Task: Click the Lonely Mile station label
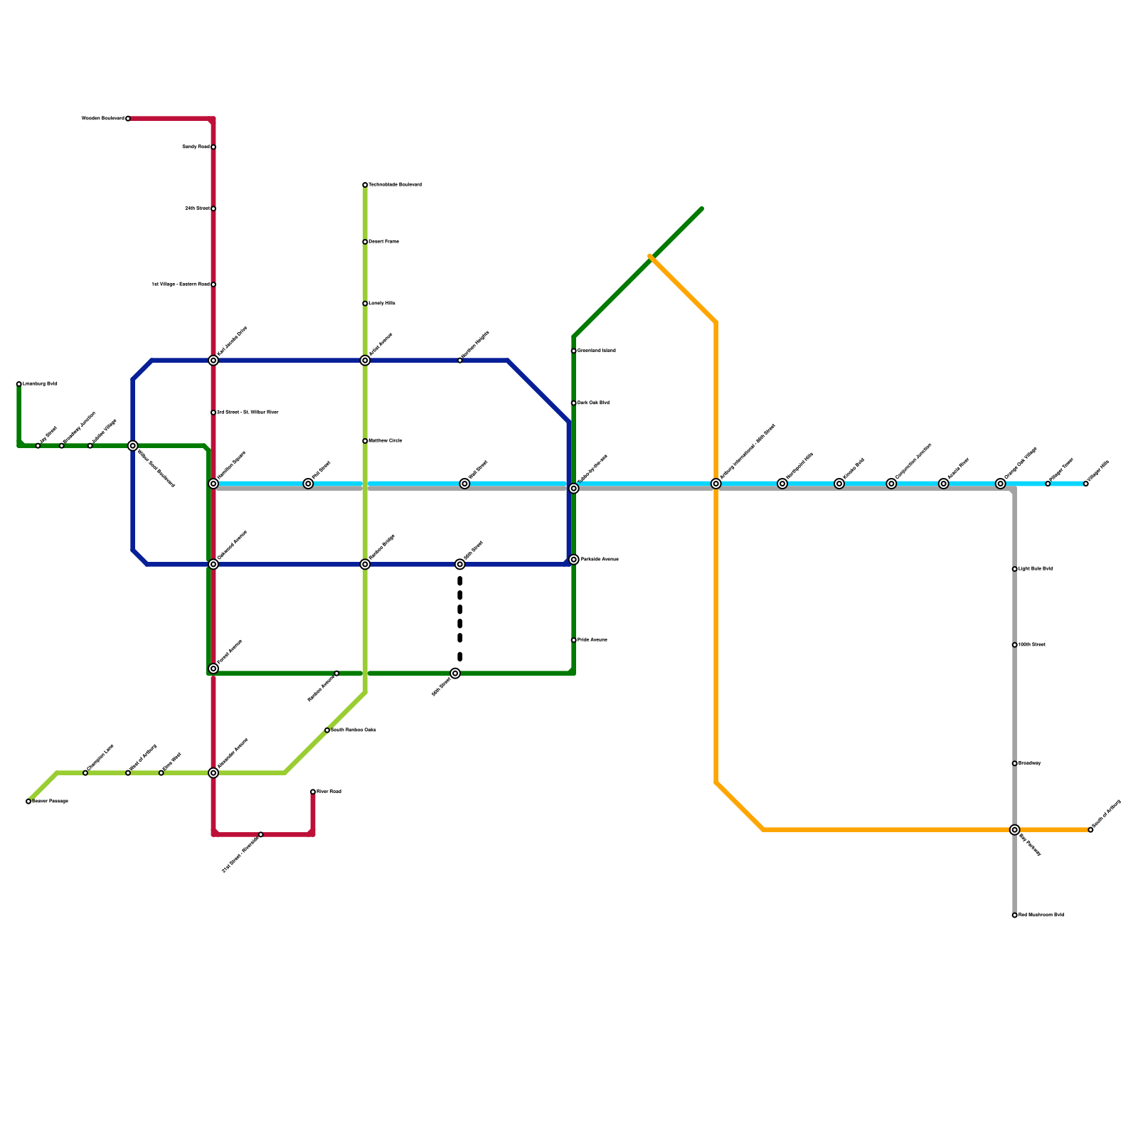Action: coord(382,304)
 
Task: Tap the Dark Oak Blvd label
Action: coord(593,403)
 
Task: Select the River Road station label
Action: coord(329,792)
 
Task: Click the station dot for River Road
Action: coord(313,792)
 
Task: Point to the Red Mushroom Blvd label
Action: coord(1041,915)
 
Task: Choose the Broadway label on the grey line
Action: coord(1029,764)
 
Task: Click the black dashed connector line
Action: coord(460,619)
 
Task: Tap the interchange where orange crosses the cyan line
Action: coord(716,484)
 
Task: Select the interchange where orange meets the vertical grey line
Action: coord(1015,830)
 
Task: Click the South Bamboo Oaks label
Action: coord(353,730)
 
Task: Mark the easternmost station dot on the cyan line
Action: coord(1086,484)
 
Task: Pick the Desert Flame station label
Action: coord(383,242)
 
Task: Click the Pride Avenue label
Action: coord(592,640)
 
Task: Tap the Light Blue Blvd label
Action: coord(1035,569)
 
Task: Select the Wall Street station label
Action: coord(478,469)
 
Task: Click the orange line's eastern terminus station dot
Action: coord(1090,830)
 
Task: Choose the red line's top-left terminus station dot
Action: coord(128,119)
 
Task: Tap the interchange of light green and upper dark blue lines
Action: coord(365,361)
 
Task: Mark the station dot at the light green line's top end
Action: coord(365,185)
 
